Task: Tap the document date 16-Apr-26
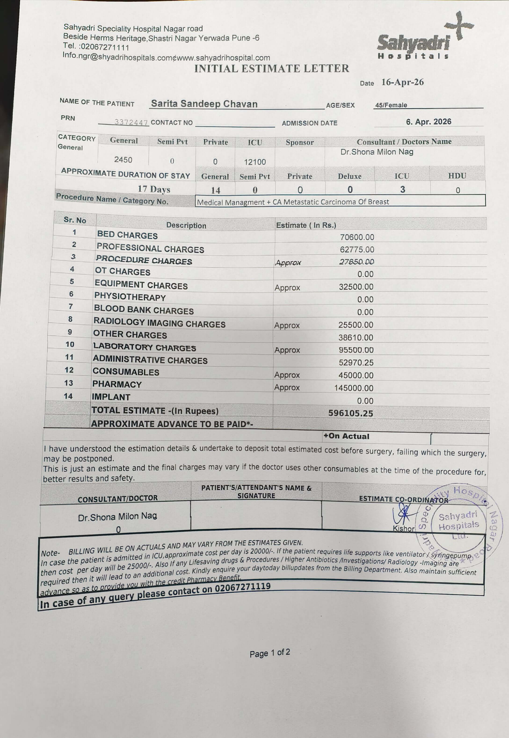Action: [x=403, y=82]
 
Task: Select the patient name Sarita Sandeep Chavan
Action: [x=204, y=104]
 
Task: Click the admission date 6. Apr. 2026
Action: [x=428, y=122]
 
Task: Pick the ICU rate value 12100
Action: [x=255, y=162]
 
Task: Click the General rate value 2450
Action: [x=123, y=160]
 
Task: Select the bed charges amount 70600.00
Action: [x=357, y=237]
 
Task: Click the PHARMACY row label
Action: [x=117, y=384]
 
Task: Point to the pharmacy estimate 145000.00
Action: [x=354, y=388]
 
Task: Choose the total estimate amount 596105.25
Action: [x=350, y=413]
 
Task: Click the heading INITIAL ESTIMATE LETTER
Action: [x=272, y=69]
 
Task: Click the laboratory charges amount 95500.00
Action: [x=356, y=350]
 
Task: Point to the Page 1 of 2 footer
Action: [x=270, y=653]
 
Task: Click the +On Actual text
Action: [x=346, y=436]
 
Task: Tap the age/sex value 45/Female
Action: [x=391, y=105]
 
